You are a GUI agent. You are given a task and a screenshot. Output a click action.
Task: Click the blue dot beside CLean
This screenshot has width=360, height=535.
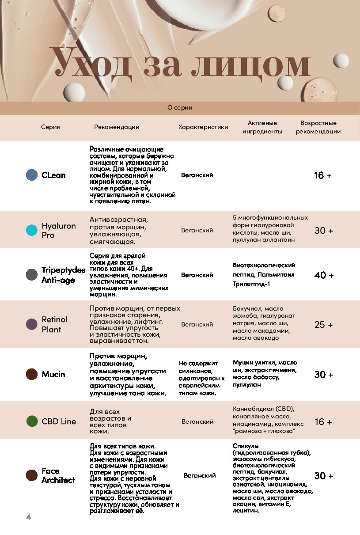click(31, 175)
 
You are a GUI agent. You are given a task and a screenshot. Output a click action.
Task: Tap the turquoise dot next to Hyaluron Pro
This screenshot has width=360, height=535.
click(31, 230)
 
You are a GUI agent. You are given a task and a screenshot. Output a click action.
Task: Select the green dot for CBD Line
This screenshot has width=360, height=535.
click(32, 421)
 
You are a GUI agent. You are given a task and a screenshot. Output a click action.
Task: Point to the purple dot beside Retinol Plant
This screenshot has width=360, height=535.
click(31, 324)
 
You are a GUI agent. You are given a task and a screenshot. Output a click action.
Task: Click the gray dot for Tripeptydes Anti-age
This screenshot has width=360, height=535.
click(31, 274)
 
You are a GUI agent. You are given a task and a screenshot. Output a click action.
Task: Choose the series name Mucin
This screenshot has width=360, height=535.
click(53, 375)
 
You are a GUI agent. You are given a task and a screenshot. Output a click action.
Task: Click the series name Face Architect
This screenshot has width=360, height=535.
click(58, 475)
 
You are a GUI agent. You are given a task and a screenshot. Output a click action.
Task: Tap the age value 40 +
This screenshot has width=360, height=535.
click(324, 275)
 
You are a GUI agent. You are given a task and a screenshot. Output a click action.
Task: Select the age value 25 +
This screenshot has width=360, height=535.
click(324, 325)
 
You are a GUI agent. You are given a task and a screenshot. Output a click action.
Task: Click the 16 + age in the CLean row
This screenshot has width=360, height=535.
click(322, 175)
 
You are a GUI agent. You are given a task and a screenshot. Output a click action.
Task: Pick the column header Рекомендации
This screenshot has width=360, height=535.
click(117, 127)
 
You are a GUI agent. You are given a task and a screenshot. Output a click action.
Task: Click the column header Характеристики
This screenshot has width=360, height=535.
click(203, 127)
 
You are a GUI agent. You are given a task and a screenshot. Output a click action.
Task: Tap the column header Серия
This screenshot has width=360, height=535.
click(50, 127)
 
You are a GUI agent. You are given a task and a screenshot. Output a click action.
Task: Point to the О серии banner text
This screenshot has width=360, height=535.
click(180, 108)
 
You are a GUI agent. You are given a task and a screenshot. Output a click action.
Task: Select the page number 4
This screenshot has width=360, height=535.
click(29, 516)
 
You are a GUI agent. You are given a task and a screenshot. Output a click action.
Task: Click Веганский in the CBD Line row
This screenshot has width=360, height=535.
click(197, 421)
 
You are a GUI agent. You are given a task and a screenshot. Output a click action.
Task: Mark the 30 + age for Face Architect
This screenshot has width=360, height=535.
click(324, 476)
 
